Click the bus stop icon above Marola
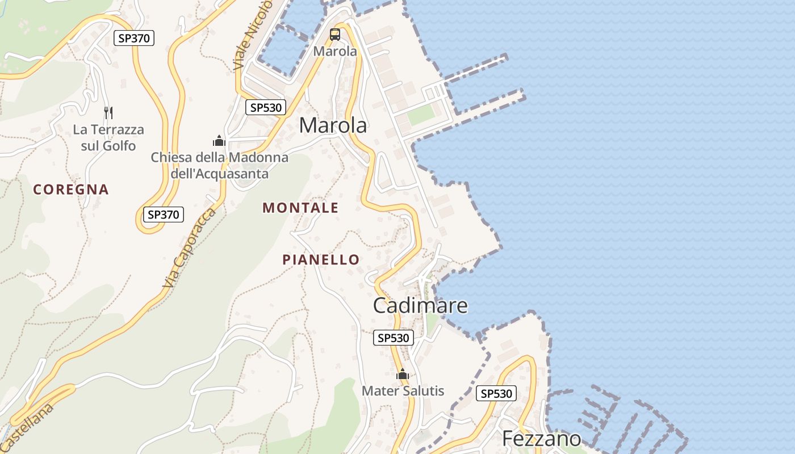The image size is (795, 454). click(x=335, y=34)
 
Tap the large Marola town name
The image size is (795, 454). click(x=333, y=125)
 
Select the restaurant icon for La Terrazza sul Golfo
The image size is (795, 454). click(x=108, y=112)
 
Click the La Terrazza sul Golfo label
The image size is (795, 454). click(x=108, y=138)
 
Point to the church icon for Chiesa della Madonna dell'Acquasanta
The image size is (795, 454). click(x=219, y=140)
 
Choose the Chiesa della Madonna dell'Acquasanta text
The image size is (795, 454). click(x=219, y=165)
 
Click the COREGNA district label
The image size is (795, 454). click(x=71, y=190)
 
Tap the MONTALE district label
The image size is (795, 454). click(x=300, y=208)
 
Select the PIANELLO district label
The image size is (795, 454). click(x=321, y=260)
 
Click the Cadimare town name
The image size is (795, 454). click(x=420, y=305)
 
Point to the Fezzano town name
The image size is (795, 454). click(x=542, y=439)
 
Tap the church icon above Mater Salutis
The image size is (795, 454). click(x=403, y=375)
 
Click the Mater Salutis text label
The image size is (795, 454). click(x=403, y=390)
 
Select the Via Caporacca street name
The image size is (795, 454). click(x=190, y=247)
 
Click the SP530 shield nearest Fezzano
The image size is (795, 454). click(x=496, y=393)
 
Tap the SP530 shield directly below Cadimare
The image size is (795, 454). click(x=394, y=338)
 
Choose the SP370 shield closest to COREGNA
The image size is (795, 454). click(x=164, y=215)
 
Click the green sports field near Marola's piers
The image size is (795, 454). click(x=421, y=115)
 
